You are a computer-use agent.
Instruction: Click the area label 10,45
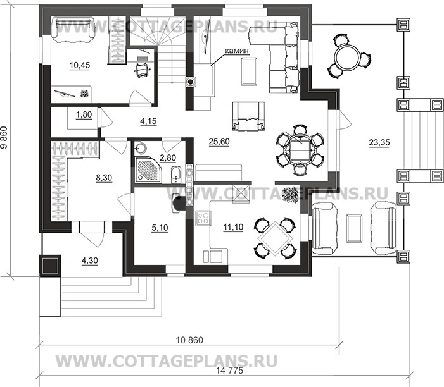click(80, 65)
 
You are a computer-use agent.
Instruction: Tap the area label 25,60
click(219, 142)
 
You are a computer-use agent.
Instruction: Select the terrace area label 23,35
click(379, 142)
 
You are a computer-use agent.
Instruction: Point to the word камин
click(237, 51)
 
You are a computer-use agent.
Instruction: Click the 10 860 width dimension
click(189, 340)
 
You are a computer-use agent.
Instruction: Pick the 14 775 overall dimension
click(230, 371)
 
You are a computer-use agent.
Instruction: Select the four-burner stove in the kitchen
click(203, 219)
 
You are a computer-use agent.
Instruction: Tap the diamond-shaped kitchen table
click(276, 238)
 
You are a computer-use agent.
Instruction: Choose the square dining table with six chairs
click(300, 150)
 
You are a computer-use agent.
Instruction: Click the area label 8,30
click(104, 178)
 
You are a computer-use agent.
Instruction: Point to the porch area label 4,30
click(90, 261)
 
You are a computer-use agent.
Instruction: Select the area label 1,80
click(84, 114)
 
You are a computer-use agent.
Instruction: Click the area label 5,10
click(160, 228)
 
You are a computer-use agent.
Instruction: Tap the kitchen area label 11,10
click(233, 227)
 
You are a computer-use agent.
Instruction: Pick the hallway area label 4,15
click(148, 121)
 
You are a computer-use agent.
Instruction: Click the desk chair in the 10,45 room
click(142, 70)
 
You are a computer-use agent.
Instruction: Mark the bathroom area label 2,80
click(168, 157)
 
